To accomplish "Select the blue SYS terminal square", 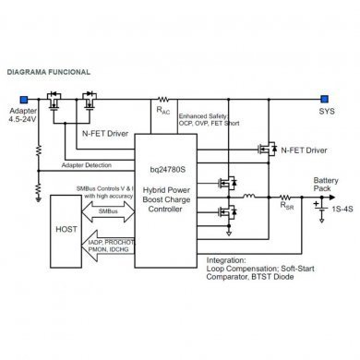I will coord(323,97).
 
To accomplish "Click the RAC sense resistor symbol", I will coord(163,97).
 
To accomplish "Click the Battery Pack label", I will coord(326,184).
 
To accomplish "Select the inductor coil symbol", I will coord(248,197).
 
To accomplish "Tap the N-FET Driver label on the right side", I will coord(304,150).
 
